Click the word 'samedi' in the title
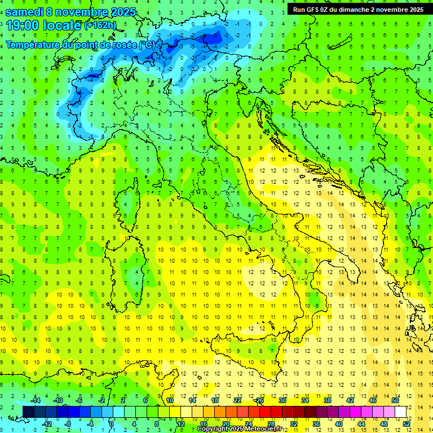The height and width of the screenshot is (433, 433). pos(24,12)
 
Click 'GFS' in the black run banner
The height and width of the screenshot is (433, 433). pos(313,9)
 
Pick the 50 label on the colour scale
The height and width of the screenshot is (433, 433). pos(395,400)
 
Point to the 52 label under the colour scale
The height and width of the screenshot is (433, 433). pos(407,423)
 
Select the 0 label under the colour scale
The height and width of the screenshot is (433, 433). pos(112,423)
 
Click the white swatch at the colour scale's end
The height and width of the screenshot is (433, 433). pos(400,412)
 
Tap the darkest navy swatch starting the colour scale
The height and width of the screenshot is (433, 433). pos(28,412)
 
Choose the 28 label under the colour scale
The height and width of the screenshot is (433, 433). pos(271,423)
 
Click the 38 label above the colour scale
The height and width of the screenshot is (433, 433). pos(328,400)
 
